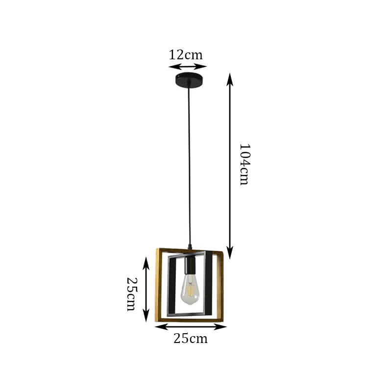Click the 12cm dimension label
click(x=186, y=55)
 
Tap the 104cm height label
click(x=244, y=164)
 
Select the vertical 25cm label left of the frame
click(x=132, y=294)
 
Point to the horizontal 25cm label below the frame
click(x=191, y=339)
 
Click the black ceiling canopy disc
click(x=189, y=80)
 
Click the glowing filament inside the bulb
click(x=190, y=290)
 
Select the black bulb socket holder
click(x=190, y=265)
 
